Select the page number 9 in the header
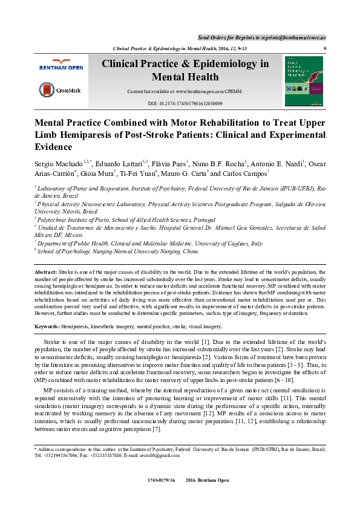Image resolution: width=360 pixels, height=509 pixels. [325, 48]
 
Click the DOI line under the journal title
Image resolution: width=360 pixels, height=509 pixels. [185, 104]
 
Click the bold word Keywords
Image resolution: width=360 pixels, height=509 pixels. [47, 326]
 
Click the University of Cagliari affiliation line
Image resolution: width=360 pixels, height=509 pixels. [151, 243]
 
